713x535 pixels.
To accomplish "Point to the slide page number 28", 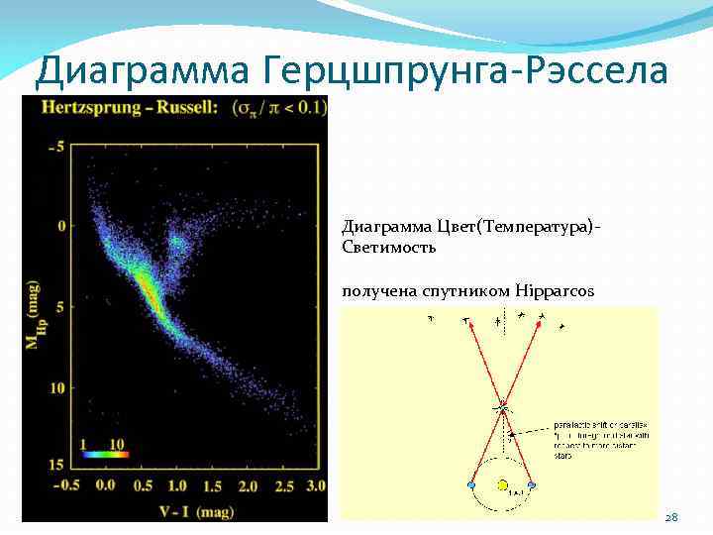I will tap(670, 517).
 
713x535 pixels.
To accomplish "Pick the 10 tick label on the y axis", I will tap(55, 386).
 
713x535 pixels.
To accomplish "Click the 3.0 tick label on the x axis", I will tap(315, 485).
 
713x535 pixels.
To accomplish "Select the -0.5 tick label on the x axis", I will tap(66, 485).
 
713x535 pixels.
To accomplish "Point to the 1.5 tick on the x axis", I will tap(211, 485).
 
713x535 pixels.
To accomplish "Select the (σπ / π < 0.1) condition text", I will tap(281, 107).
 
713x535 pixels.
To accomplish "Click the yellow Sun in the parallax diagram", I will tap(502, 485).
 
